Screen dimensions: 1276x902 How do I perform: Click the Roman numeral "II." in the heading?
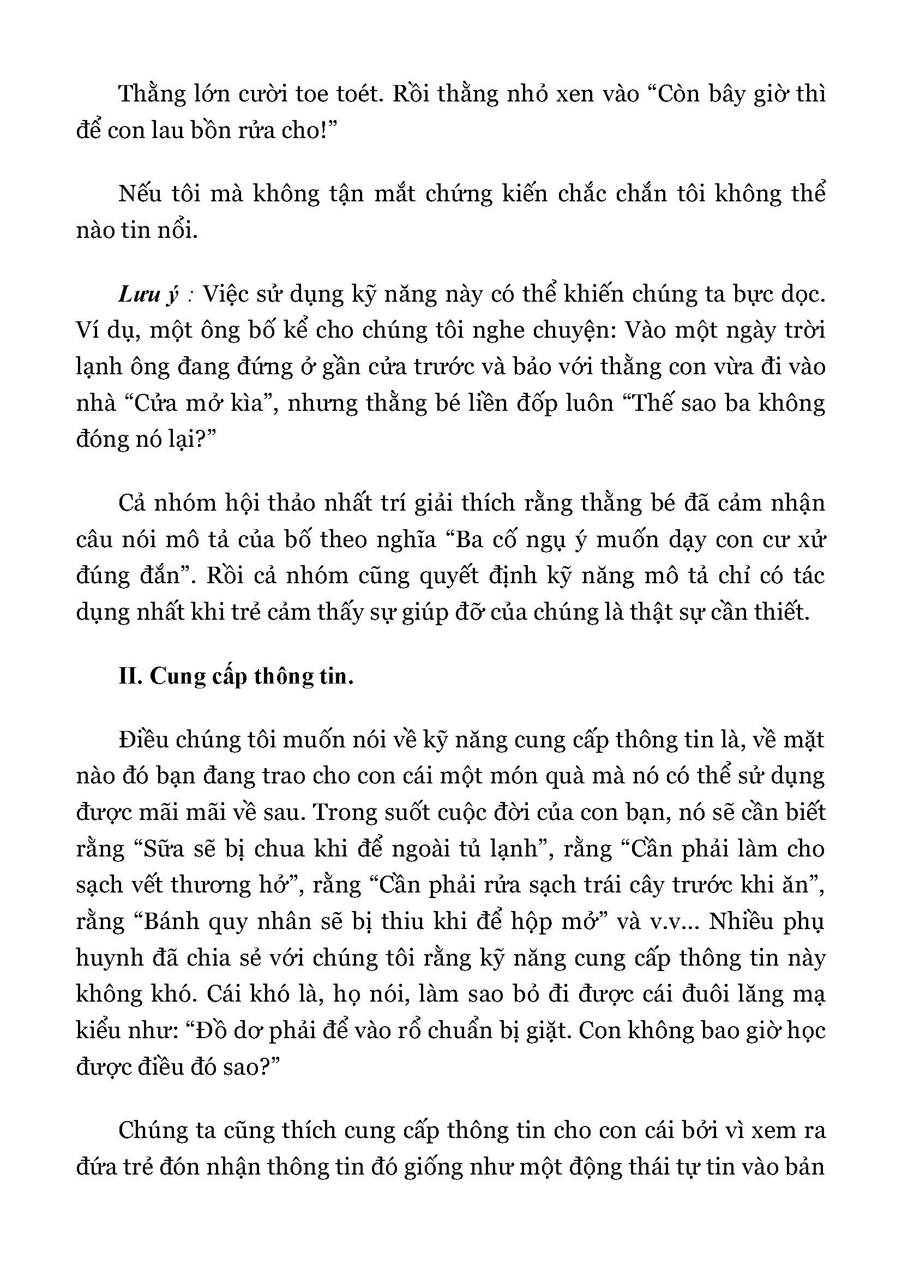[x=131, y=677]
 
